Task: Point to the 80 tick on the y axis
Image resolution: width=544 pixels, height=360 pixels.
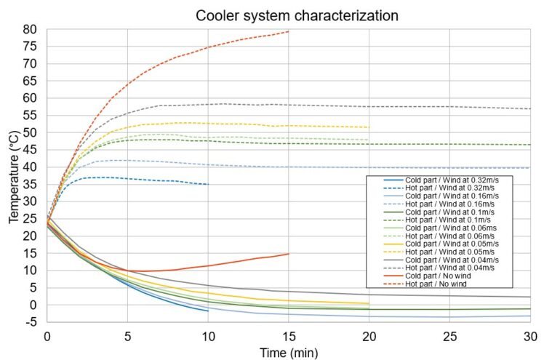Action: tap(31, 29)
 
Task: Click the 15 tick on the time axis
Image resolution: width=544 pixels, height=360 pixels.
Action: tap(289, 335)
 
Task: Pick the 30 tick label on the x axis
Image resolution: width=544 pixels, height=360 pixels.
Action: tap(530, 335)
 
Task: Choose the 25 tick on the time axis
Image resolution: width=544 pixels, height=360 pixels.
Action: tap(449, 335)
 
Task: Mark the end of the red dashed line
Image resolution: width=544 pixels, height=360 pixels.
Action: tap(289, 31)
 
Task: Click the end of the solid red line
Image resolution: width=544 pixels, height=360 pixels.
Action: tap(289, 254)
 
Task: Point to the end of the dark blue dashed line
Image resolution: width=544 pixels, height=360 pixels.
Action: tap(208, 184)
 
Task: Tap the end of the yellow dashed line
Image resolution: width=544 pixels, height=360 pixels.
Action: tap(369, 127)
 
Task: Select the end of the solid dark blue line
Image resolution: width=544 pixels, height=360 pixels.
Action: tap(208, 311)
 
